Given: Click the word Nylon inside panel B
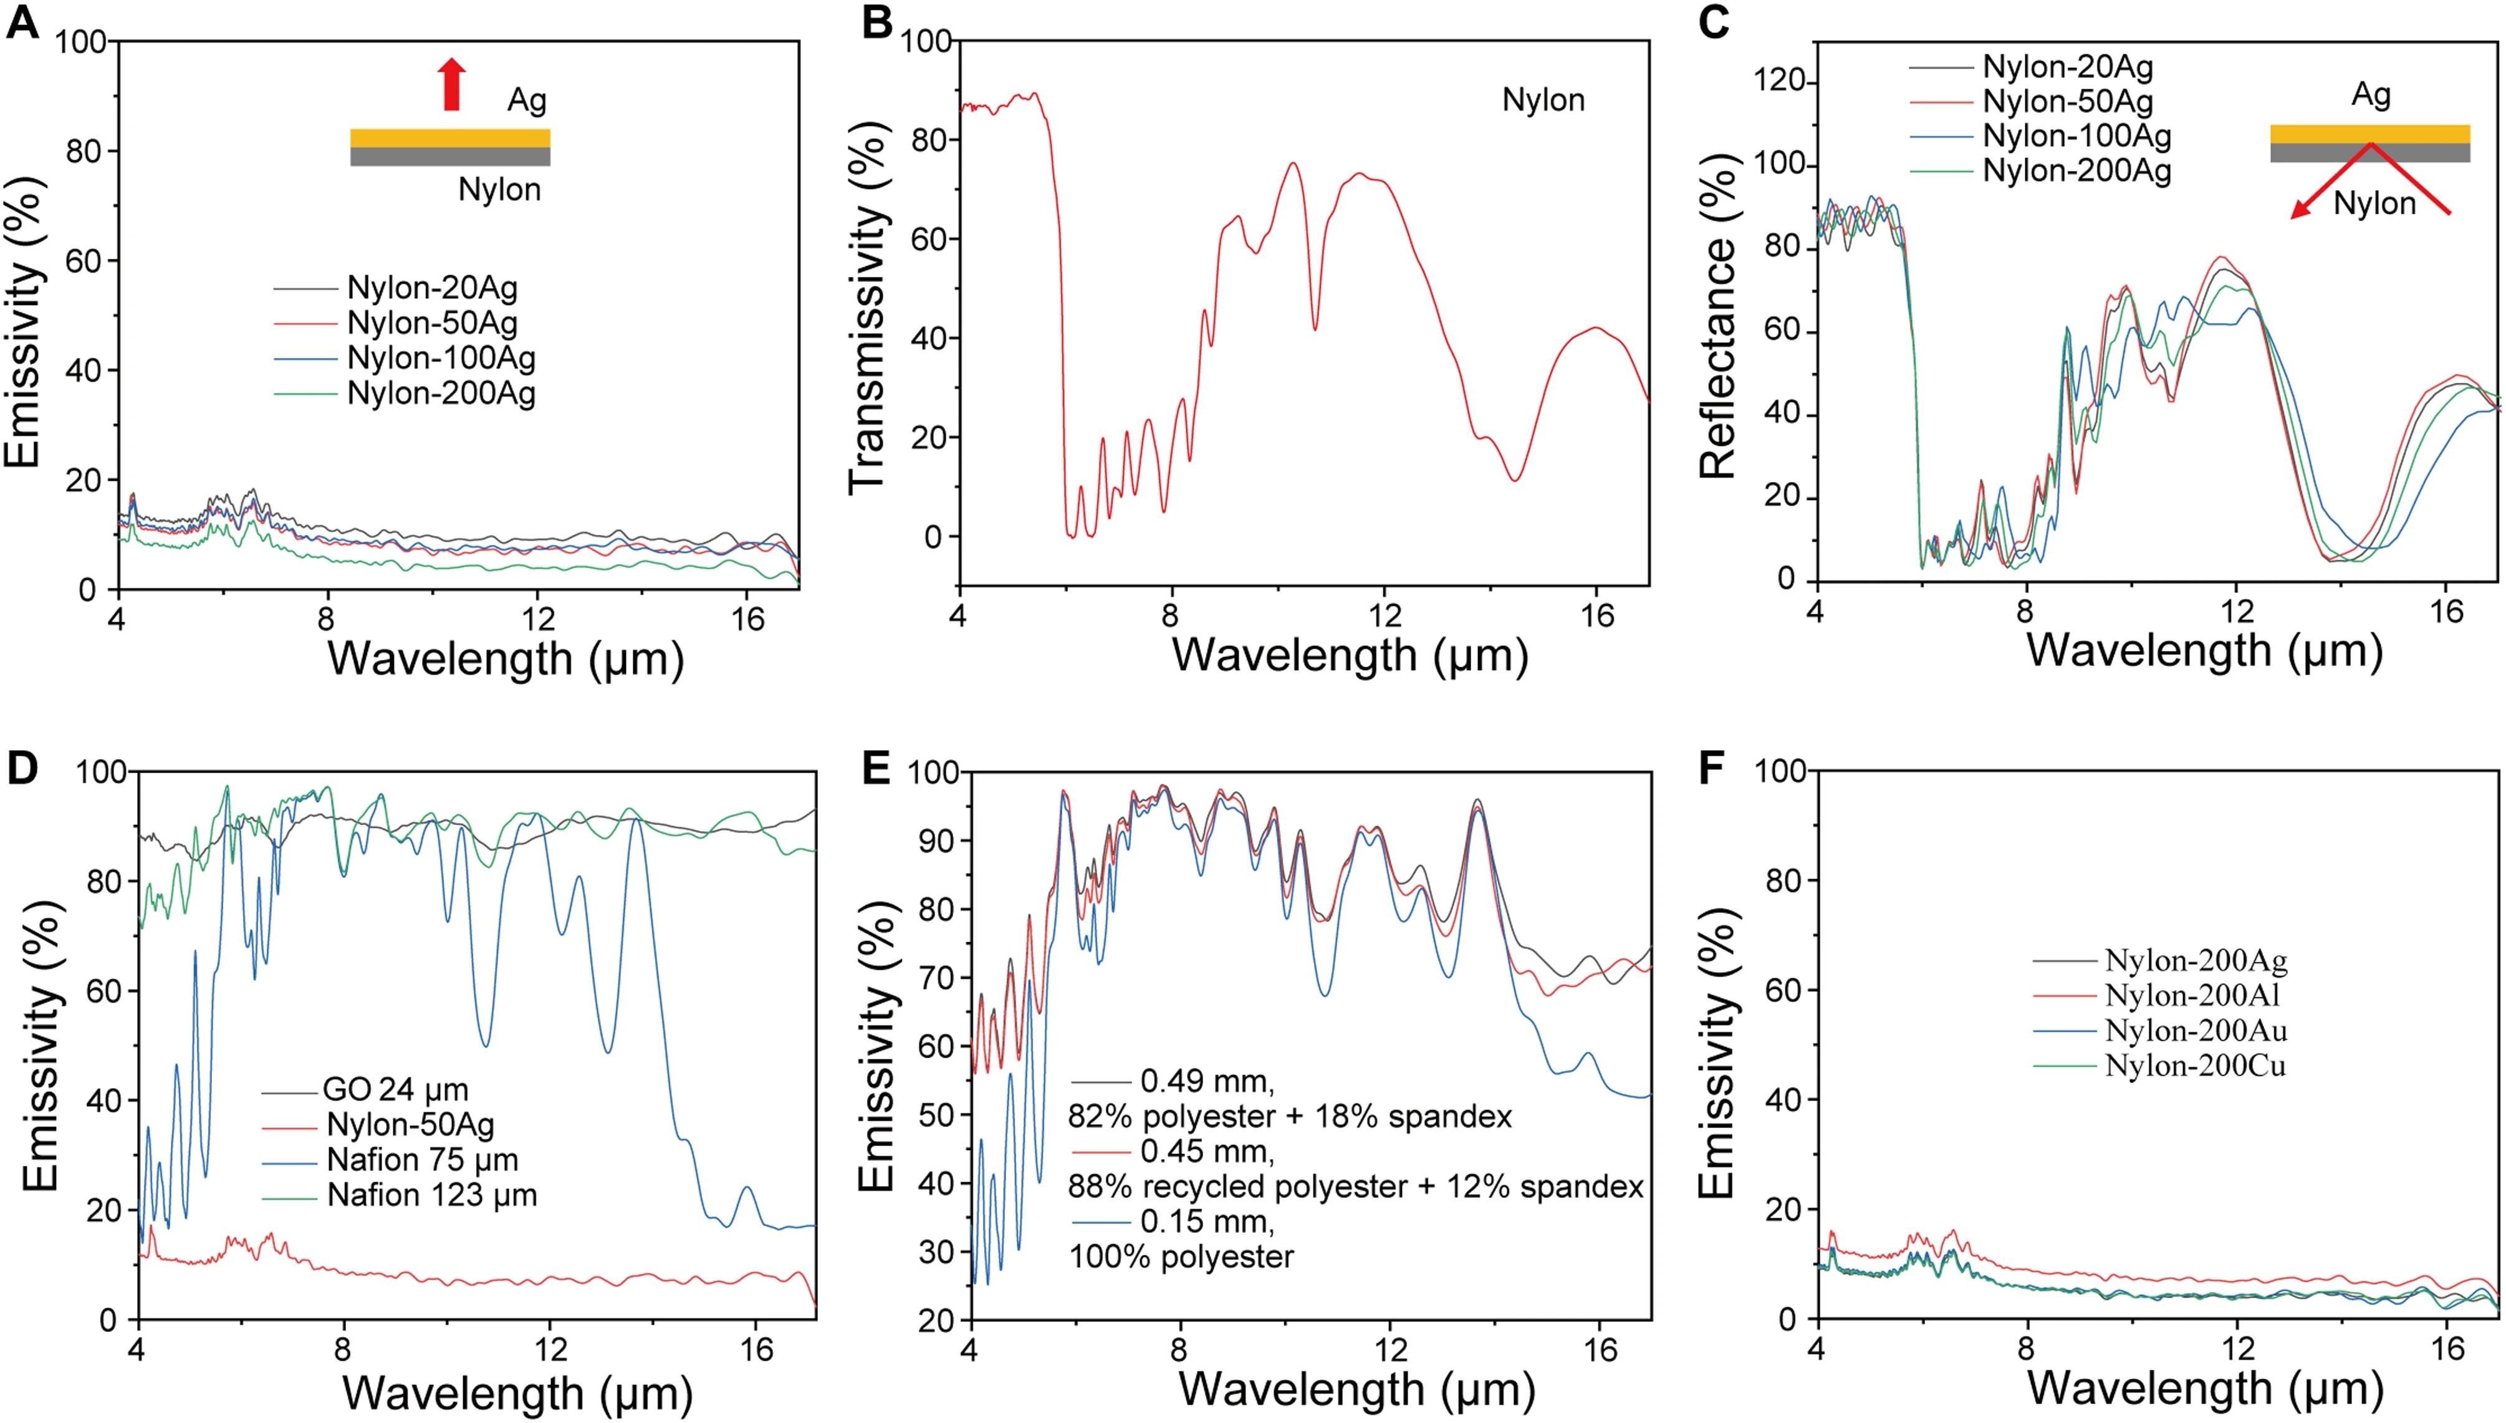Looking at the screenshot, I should [x=1543, y=100].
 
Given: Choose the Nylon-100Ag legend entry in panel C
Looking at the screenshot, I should [x=2076, y=136].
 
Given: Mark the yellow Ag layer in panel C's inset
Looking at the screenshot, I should [x=2369, y=133].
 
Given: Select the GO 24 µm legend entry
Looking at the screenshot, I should [x=396, y=1089].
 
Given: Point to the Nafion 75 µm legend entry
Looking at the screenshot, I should [x=422, y=1159].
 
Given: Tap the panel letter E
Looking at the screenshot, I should [x=875, y=769].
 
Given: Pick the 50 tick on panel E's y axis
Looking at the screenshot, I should [x=936, y=1114].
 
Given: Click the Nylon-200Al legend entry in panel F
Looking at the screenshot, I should [x=2193, y=995].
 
